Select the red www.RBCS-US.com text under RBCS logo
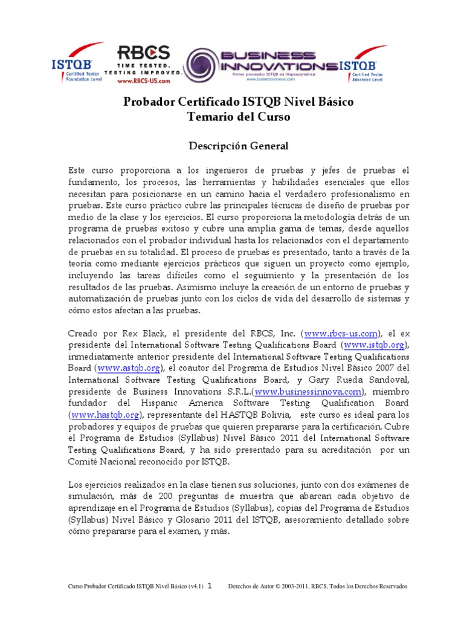coord(142,80)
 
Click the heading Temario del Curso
coord(239,117)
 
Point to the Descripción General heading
coord(239,146)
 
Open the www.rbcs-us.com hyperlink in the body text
coord(342,333)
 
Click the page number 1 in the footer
coord(210,586)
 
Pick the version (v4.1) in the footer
coord(194,586)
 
